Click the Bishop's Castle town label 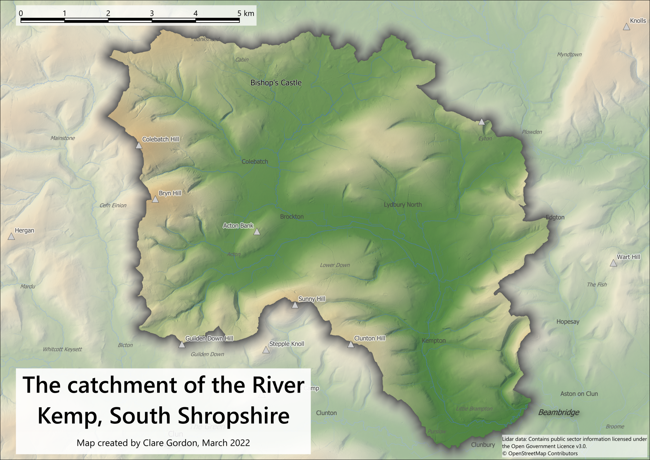pos(276,83)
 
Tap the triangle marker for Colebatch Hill pos(139,146)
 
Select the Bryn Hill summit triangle pos(155,200)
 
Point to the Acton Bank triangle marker pos(257,232)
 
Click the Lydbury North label pos(403,204)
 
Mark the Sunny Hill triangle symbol pos(295,305)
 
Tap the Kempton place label pos(434,341)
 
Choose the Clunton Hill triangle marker pos(351,345)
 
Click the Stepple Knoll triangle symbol pos(266,350)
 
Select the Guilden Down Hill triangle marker pos(182,345)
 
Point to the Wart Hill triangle pos(613,263)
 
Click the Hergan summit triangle pos(11,237)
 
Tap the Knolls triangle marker pos(626,27)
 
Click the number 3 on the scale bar pos(152,13)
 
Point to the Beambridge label pos(558,412)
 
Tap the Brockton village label pos(292,217)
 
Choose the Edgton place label pos(555,217)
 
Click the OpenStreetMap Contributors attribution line pos(540,454)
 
